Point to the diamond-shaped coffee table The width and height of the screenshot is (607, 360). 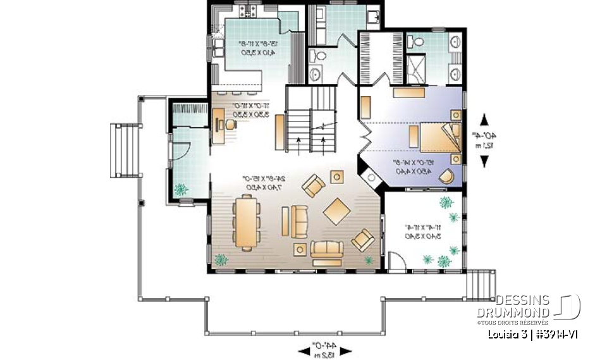coord(336,211)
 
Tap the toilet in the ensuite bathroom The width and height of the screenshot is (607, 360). coord(415,42)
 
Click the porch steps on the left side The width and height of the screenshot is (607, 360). coord(125,150)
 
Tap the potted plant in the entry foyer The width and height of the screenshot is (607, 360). coord(181,188)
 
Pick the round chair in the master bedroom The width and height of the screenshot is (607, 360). coord(446,175)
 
